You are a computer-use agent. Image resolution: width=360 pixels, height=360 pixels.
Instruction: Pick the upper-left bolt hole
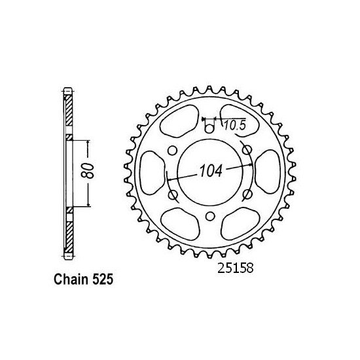pos(171,151)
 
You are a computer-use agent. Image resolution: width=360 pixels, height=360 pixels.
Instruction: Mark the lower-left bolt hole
pos(171,195)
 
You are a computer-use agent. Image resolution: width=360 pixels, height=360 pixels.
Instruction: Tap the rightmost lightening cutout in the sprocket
pos(267,173)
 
